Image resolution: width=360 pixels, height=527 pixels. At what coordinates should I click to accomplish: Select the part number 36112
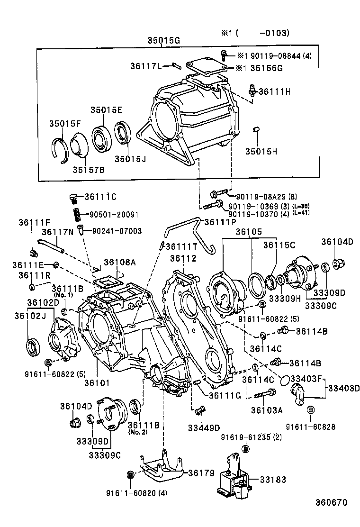183,258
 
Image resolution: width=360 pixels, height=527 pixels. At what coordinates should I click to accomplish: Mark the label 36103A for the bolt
267,410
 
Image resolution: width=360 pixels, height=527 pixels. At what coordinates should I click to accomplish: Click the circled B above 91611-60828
310,410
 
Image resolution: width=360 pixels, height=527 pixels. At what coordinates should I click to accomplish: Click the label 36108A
120,262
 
